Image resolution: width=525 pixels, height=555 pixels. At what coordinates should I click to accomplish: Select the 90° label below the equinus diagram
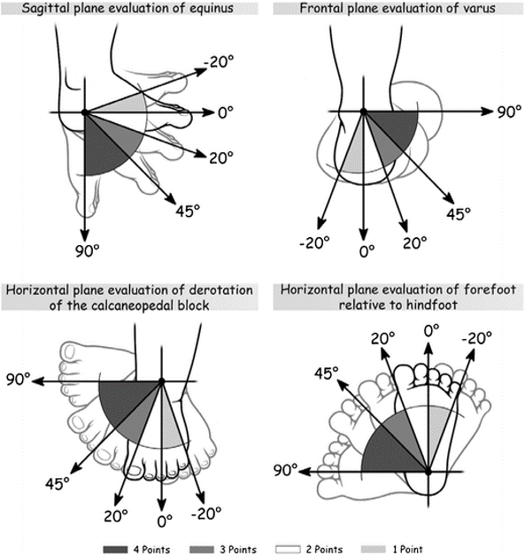[86, 249]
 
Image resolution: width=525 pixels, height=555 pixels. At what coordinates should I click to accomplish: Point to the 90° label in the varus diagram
[506, 113]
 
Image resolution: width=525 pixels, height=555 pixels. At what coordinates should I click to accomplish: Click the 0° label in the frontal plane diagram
[362, 251]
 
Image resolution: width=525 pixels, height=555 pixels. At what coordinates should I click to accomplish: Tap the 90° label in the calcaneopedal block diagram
[16, 380]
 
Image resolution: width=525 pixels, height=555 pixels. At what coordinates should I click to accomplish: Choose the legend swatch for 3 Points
[231, 537]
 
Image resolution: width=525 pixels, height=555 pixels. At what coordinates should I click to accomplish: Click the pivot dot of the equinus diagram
[84, 113]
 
